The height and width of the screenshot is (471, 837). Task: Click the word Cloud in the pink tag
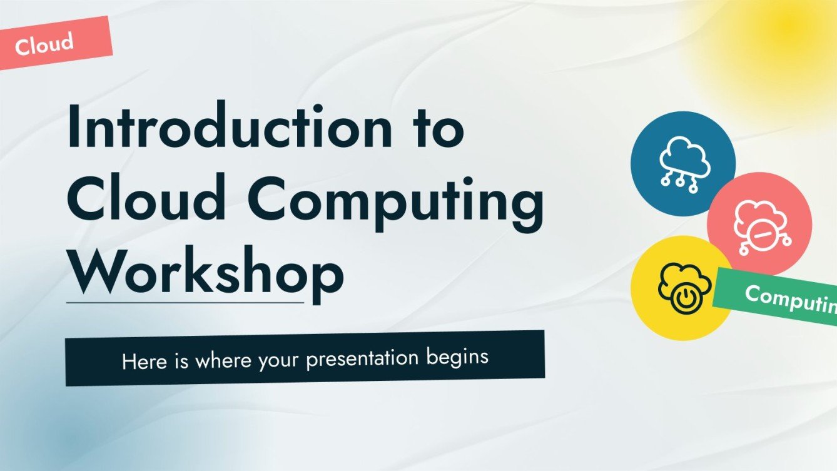pos(44,44)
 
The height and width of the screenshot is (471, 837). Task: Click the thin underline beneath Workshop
pos(185,303)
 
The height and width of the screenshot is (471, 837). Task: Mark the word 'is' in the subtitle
pos(181,361)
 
